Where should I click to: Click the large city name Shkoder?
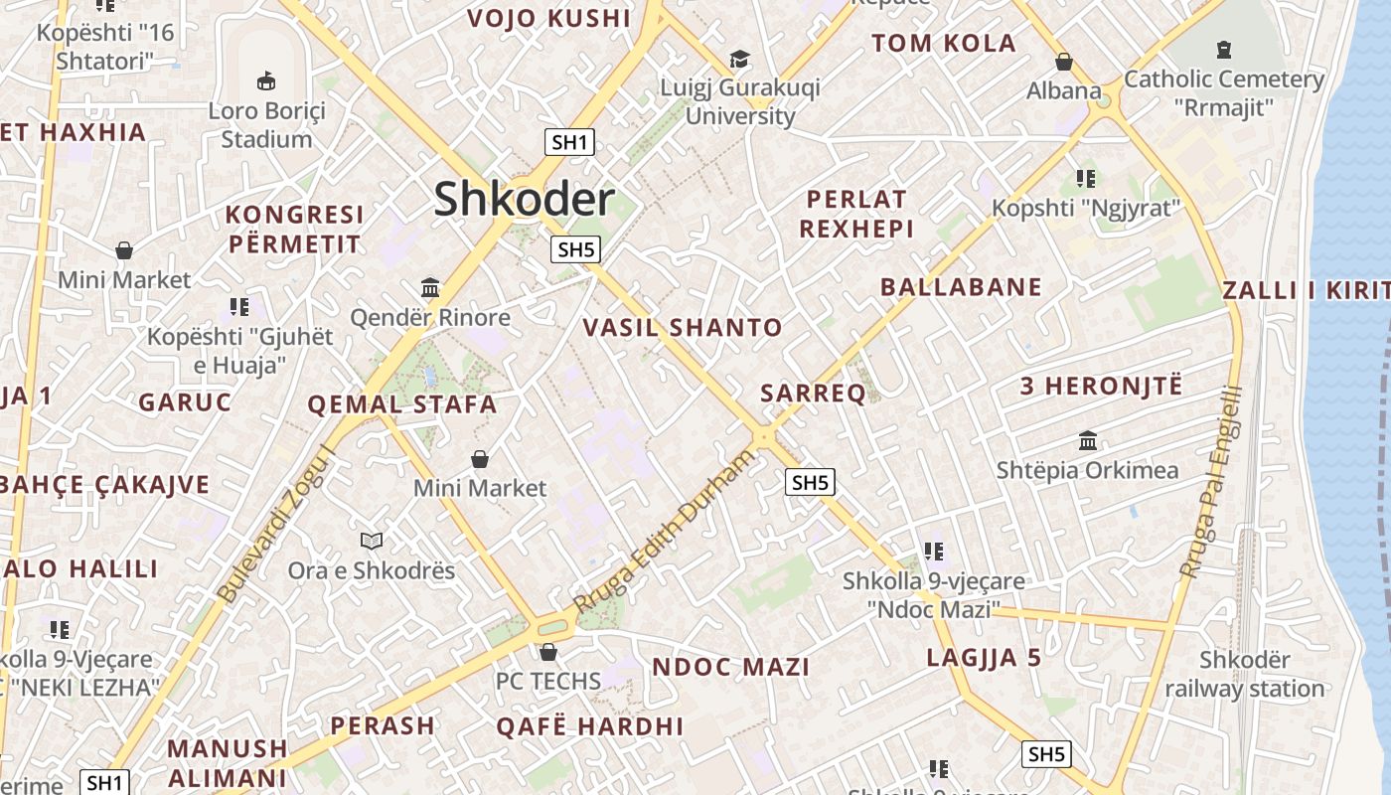tap(524, 200)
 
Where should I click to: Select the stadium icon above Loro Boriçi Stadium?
tap(265, 80)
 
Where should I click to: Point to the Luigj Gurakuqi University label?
tap(740, 102)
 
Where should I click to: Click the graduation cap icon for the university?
tap(739, 59)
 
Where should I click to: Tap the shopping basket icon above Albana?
tap(1064, 62)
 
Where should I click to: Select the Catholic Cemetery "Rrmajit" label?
tap(1223, 92)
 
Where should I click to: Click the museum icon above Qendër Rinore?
tap(430, 288)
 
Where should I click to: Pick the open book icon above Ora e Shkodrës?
tap(372, 541)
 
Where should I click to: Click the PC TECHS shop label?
tap(548, 681)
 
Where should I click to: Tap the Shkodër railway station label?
tap(1244, 674)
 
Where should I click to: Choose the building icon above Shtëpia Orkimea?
tap(1088, 440)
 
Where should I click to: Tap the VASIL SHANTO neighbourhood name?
tap(683, 327)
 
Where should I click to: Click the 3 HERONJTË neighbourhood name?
tap(1102, 387)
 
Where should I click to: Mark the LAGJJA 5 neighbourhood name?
tap(984, 657)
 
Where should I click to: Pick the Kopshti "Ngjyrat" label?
tap(1086, 208)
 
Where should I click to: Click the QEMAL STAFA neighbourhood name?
tap(401, 404)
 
